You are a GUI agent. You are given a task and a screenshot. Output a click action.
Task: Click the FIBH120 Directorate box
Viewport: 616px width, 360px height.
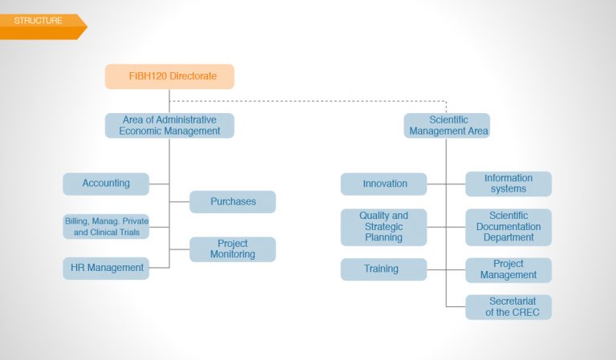coord(170,76)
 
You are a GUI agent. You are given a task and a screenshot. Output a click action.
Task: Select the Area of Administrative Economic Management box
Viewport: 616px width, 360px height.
coord(170,126)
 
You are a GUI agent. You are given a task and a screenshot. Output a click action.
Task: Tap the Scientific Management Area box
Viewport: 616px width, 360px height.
coord(447,126)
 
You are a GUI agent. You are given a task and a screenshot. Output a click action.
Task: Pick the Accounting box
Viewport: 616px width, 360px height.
coord(106,184)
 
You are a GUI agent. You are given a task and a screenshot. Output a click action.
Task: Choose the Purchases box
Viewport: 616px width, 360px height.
coord(233,202)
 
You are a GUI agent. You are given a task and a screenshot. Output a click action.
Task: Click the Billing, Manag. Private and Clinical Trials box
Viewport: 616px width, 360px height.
coord(106,227)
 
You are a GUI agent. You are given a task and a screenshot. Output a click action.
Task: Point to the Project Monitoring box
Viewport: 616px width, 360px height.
coord(233,249)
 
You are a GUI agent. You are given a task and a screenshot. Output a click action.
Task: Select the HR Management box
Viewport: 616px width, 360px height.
coord(106,268)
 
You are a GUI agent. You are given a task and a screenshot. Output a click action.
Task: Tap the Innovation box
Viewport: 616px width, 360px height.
coord(384,184)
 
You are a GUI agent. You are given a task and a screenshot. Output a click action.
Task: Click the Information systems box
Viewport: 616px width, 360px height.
coord(509,184)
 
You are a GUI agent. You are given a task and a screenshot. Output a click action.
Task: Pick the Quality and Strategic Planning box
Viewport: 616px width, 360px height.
coord(384,227)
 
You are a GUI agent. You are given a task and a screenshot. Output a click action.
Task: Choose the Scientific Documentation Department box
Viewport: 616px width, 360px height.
coord(509,227)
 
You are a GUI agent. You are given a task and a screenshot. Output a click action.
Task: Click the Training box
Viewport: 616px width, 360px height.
coord(384,269)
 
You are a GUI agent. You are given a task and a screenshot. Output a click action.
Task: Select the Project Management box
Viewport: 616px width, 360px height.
coord(509,270)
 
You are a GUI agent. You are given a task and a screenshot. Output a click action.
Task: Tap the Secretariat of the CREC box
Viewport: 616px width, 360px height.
coord(509,307)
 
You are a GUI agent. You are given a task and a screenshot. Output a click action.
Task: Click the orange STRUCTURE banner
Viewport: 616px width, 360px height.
coord(43,26)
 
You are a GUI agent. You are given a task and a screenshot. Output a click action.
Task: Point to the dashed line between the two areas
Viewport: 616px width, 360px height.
coord(308,101)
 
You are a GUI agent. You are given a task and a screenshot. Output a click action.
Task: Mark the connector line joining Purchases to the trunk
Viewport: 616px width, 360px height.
coord(180,202)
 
